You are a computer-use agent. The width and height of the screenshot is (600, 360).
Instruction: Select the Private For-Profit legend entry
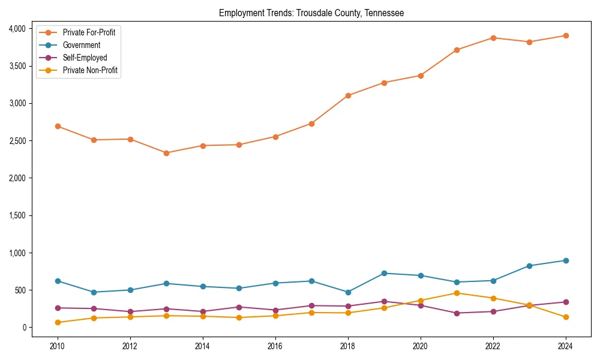point(89,32)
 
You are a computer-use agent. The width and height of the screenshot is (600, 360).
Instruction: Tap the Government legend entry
point(82,45)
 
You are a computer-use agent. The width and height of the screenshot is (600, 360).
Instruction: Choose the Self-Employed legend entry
point(85,58)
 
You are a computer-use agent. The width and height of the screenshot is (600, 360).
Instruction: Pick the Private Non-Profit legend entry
point(90,70)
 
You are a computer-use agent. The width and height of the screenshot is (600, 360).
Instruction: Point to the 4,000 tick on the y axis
point(17,29)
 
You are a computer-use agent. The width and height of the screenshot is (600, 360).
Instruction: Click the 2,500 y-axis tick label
point(17,141)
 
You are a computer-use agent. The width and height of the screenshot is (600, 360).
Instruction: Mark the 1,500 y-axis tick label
point(17,215)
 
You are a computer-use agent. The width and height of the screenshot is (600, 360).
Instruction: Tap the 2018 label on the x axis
point(348,346)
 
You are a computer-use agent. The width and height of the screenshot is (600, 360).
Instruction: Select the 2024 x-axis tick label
point(566,346)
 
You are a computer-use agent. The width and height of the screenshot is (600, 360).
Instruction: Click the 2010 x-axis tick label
point(58,346)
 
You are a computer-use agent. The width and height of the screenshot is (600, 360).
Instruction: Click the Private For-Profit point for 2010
point(58,126)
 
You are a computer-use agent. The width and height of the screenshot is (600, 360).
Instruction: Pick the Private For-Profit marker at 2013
point(166,153)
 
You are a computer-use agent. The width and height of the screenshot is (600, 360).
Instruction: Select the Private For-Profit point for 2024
point(566,35)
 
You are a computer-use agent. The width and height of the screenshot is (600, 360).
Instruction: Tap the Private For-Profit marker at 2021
point(457,50)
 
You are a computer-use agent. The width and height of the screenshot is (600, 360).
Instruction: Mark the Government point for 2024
point(566,260)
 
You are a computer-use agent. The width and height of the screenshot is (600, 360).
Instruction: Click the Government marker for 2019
point(384,273)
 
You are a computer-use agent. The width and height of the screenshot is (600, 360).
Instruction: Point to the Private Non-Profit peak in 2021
point(457,293)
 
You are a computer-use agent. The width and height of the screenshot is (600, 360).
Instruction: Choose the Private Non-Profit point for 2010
point(58,322)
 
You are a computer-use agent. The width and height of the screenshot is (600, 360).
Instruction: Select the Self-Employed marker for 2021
point(457,313)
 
